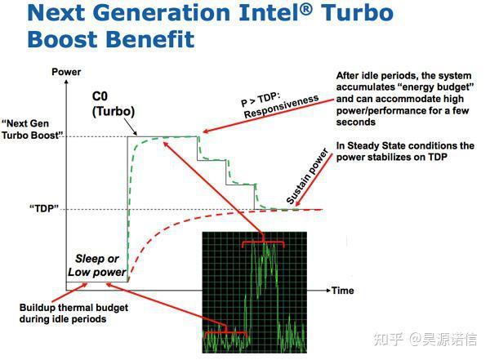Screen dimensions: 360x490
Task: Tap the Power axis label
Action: (x=66, y=72)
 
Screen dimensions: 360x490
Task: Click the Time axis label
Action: (x=342, y=291)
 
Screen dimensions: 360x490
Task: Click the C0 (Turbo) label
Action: (x=112, y=104)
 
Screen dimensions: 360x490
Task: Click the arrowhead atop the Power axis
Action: (x=66, y=82)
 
